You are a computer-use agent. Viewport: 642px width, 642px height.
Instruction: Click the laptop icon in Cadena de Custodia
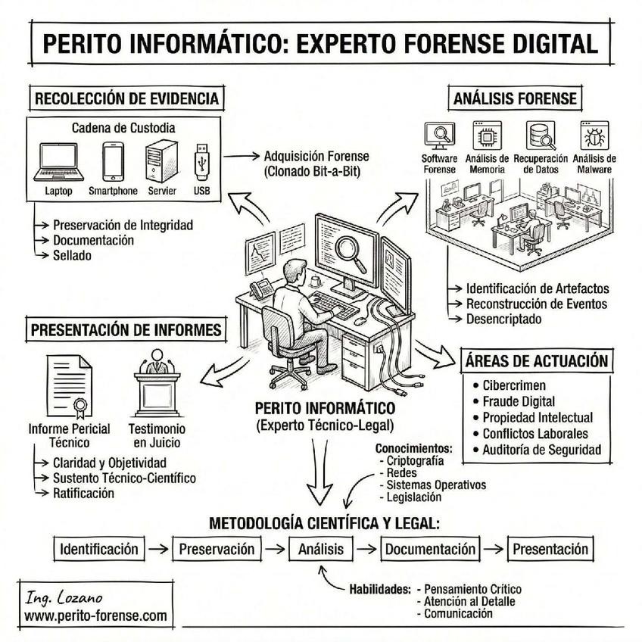(x=58, y=161)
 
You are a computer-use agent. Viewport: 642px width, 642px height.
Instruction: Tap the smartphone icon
(x=113, y=160)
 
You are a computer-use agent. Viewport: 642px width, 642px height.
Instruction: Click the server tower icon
(x=160, y=160)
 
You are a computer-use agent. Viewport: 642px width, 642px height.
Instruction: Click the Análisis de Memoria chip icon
(x=486, y=136)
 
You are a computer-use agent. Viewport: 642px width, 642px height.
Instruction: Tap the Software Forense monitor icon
(x=438, y=136)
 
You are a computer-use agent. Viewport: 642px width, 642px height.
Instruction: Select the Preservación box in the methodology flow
(x=217, y=549)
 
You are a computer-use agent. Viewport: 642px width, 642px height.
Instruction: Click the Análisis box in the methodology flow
(x=321, y=549)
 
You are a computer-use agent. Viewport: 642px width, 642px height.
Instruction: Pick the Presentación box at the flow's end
(x=550, y=549)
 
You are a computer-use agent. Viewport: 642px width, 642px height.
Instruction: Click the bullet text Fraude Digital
(x=519, y=401)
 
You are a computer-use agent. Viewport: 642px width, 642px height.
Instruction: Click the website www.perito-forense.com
(x=95, y=616)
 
